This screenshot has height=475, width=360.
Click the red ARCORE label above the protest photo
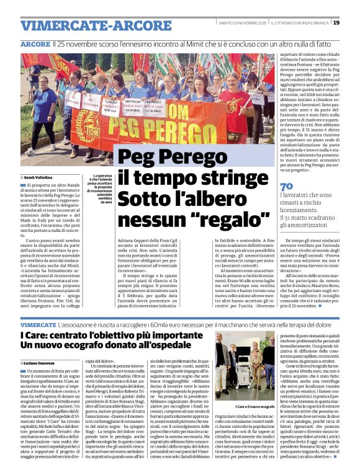[x=35, y=45]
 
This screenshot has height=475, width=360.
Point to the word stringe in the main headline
[x=224, y=178]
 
